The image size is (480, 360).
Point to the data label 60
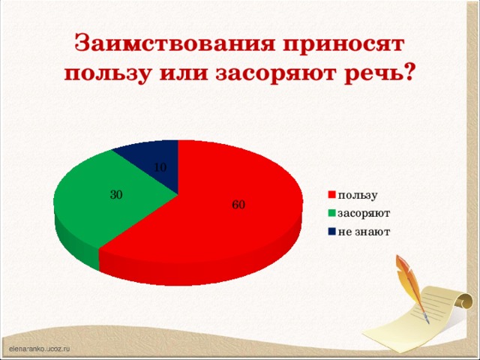(238, 205)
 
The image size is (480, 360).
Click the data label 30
(116, 195)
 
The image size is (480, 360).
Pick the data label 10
(160, 166)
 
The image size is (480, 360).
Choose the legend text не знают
(364, 231)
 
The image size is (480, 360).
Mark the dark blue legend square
(331, 231)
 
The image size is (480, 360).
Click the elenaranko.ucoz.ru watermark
(39, 349)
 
